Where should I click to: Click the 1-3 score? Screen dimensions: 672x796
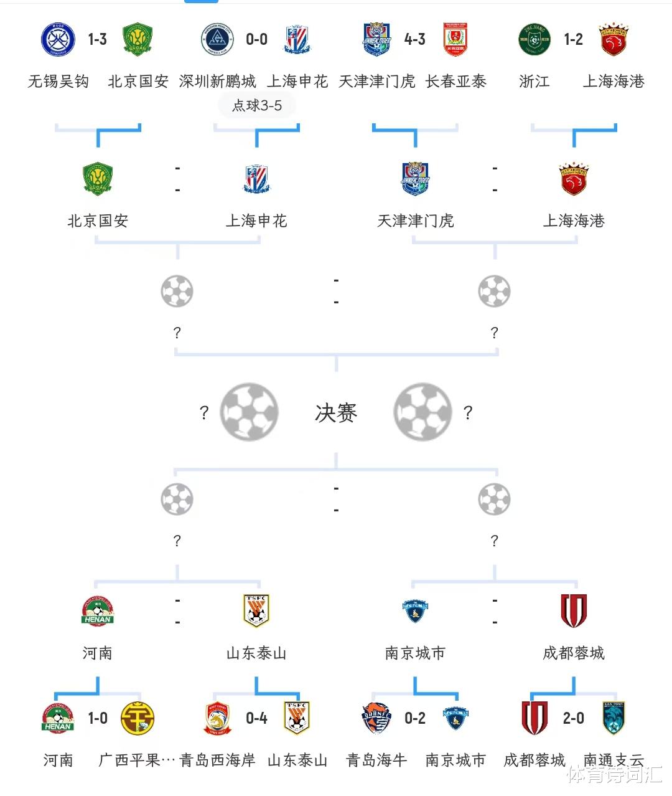[98, 40]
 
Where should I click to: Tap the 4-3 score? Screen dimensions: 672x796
[415, 40]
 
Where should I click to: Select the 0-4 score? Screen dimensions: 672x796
[256, 718]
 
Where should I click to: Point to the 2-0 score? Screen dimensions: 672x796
[574, 718]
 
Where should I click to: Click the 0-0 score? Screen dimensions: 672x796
[256, 40]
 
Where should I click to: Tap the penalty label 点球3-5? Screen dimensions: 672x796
[257, 106]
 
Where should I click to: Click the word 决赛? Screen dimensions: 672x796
[336, 412]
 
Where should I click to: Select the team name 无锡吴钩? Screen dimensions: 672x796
[58, 82]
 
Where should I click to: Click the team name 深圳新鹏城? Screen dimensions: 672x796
[217, 82]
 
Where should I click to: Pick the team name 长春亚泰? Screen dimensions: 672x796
[455, 82]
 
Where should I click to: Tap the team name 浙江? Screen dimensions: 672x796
[534, 82]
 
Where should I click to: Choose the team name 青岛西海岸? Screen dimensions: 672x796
[217, 760]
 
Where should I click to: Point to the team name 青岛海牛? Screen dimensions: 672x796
[376, 760]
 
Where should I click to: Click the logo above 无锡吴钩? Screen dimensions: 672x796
[58, 39]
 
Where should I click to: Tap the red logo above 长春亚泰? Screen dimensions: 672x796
[455, 39]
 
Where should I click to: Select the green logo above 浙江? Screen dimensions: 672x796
[534, 39]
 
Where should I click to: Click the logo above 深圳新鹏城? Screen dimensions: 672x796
[217, 39]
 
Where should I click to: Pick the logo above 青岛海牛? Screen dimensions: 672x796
[376, 718]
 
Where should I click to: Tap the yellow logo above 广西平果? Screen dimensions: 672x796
[138, 718]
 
